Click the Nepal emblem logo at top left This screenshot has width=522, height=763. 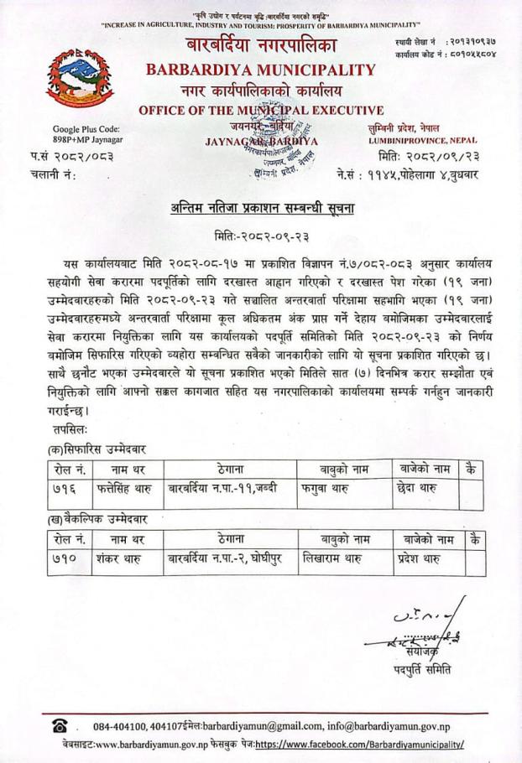(80, 76)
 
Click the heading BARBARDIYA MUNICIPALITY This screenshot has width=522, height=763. (261, 70)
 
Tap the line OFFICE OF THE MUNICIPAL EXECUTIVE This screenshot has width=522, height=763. (261, 110)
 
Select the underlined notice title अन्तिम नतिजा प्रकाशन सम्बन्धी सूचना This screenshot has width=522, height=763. (261, 207)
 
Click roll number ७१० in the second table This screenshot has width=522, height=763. (65, 558)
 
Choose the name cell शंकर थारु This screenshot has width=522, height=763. (119, 558)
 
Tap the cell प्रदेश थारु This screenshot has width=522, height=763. (422, 558)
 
